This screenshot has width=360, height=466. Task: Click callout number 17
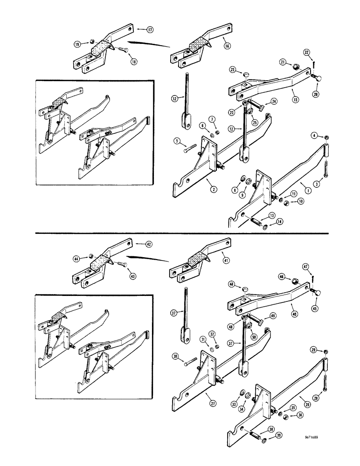pyautogui.click(x=151, y=29)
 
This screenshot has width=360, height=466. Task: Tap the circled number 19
pyautogui.click(x=76, y=44)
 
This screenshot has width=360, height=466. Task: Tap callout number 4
pyautogui.click(x=315, y=136)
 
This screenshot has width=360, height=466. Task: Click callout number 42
pyautogui.click(x=149, y=244)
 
